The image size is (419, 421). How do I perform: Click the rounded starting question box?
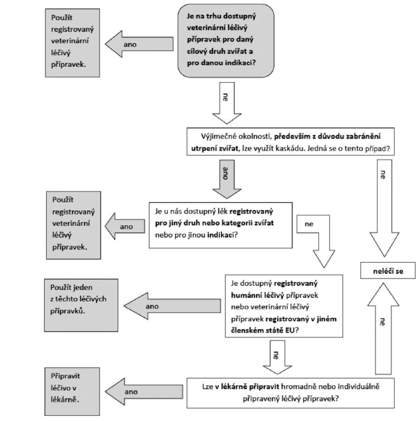pos(226,41)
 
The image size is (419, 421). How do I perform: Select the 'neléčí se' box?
pos(388,270)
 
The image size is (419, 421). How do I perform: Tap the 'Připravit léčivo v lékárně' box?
pos(72,392)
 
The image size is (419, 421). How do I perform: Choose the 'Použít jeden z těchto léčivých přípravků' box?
pos(81,305)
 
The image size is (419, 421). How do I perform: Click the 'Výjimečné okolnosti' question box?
pos(291,142)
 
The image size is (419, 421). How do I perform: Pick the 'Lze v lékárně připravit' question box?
pos(291,393)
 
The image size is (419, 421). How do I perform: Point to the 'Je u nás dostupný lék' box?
pos(221,225)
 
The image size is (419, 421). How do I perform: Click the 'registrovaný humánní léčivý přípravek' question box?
pos(284,306)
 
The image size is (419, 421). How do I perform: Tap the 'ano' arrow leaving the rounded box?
pos(139,44)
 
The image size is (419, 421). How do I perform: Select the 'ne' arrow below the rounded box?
pos(227,103)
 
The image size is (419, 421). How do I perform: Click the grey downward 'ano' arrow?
pos(227,179)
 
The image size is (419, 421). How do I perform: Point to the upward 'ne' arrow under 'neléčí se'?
pos(383,328)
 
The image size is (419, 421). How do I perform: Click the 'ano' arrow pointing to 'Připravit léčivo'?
pos(144,392)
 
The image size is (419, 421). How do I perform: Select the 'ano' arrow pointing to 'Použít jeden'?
pos(172,306)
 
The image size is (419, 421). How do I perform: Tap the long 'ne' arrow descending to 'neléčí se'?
pos(384,208)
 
